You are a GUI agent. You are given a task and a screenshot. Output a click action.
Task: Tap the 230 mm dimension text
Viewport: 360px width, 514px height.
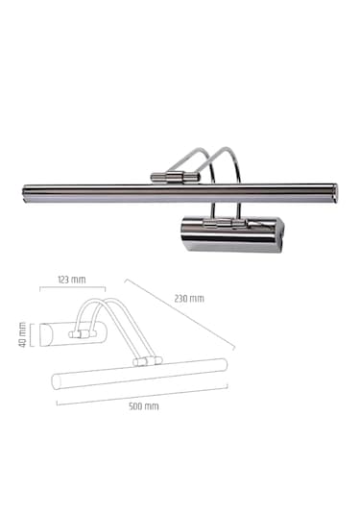[190, 298]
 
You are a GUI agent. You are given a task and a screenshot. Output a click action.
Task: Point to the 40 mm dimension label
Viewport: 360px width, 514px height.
[21, 335]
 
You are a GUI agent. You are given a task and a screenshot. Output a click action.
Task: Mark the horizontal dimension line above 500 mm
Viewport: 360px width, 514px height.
[144, 395]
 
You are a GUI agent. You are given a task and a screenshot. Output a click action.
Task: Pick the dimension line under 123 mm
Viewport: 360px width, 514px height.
[72, 288]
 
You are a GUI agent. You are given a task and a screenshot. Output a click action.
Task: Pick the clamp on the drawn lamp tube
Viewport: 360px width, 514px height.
[146, 361]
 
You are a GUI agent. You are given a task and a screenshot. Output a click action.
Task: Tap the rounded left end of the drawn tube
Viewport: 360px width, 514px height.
[56, 379]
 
